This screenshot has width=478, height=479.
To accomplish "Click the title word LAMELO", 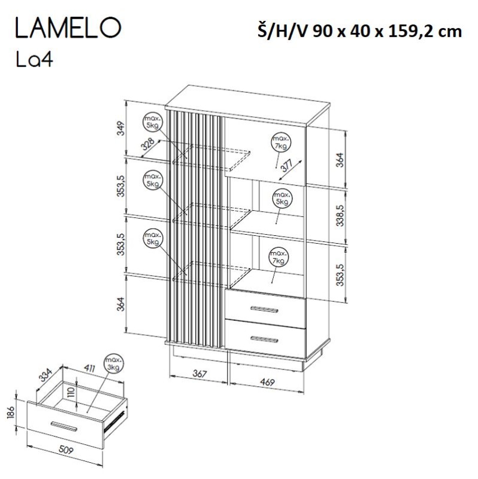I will pyautogui.click(x=68, y=28).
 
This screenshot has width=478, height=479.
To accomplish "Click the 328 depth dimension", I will pyautogui.click(x=148, y=144).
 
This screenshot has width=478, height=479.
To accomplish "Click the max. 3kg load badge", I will pyautogui.click(x=113, y=364).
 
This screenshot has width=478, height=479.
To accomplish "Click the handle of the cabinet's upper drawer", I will pyautogui.click(x=264, y=310).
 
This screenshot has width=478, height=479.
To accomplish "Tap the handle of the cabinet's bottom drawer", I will pyautogui.click(x=264, y=339).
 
